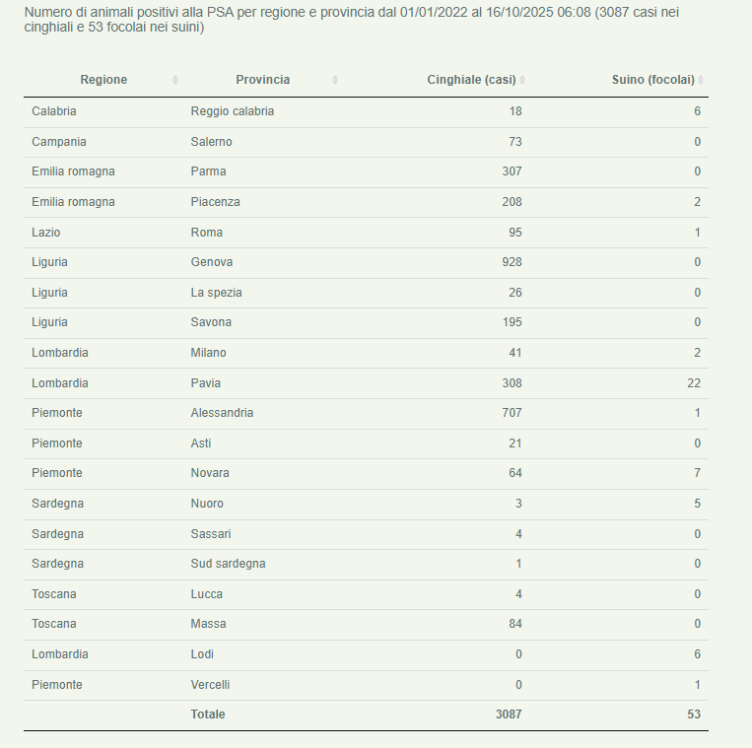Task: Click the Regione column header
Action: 103,80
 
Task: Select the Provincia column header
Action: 262,80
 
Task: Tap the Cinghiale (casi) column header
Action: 471,80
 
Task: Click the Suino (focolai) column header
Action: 652,80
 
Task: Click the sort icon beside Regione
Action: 175,80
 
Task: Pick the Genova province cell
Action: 211,262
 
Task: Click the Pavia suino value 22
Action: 694,382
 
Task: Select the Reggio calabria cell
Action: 232,111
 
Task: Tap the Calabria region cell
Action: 53,111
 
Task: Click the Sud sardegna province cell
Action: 228,564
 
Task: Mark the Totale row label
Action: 207,714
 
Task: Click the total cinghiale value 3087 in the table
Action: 509,714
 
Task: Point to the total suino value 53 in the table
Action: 694,714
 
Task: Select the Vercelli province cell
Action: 210,684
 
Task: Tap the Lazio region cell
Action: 45,233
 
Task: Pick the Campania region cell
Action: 58,142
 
